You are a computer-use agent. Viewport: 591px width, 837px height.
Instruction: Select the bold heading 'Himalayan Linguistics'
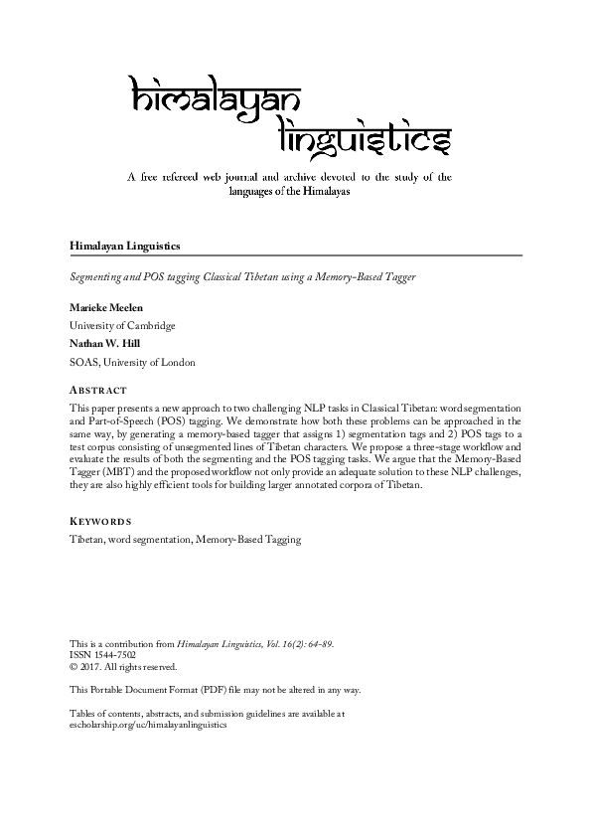point(124,244)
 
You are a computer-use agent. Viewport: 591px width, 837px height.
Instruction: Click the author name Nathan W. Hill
point(106,344)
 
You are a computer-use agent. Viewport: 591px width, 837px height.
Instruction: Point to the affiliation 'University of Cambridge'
point(122,325)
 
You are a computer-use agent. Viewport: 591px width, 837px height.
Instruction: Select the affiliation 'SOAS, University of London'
point(132,362)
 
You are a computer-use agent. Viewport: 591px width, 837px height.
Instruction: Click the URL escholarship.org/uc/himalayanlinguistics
point(148,725)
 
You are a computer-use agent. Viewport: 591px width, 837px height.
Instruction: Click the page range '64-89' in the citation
point(318,644)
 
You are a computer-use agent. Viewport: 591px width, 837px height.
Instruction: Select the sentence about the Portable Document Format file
point(215,690)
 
